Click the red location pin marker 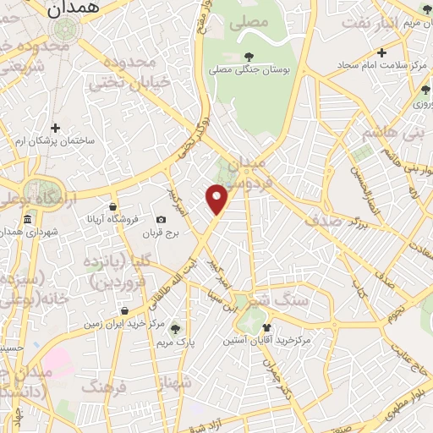217,199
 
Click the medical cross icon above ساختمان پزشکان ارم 56,128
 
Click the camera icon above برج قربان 162,220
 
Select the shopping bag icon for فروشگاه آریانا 112,206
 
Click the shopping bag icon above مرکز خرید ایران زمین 124,310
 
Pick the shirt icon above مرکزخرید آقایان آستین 267,327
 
